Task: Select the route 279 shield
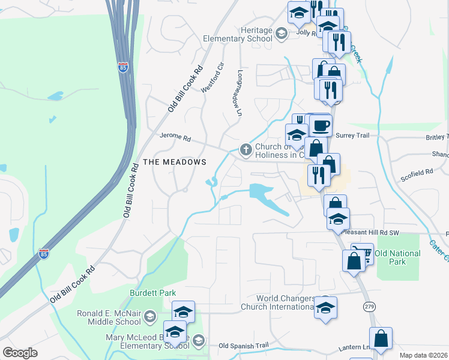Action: pyautogui.click(x=369, y=306)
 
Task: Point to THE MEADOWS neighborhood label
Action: pyautogui.click(x=175, y=162)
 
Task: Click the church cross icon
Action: pyautogui.click(x=245, y=149)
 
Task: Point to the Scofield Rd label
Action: pyautogui.click(x=417, y=172)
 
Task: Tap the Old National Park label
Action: pyautogui.click(x=397, y=257)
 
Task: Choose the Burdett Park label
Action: pyautogui.click(x=153, y=293)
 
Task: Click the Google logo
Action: pyautogui.click(x=20, y=353)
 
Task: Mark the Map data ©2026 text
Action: pyautogui.click(x=423, y=355)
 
